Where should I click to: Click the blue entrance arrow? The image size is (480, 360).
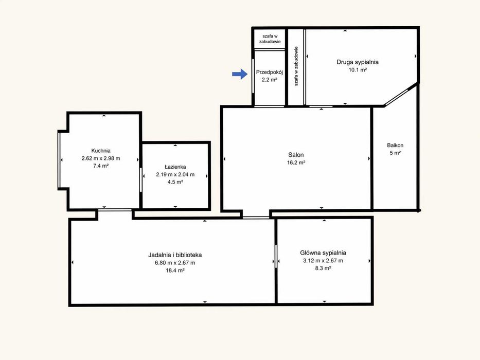coord(240,74)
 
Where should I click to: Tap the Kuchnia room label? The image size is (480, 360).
coord(101,151)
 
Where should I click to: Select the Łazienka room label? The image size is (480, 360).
coord(175,167)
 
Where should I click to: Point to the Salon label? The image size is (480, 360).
coord(296,155)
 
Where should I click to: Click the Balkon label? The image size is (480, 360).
coord(395,146)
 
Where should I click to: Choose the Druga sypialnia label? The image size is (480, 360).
coord(358,62)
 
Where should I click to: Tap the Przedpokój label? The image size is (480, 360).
coord(270,73)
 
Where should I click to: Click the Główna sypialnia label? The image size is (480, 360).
coord(323,253)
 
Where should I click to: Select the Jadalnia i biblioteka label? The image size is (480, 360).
coord(175,255)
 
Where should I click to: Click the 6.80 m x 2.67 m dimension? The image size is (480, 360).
coord(175,263)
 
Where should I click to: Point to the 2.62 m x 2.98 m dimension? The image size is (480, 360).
coord(101,158)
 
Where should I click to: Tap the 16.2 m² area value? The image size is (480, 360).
coord(296,163)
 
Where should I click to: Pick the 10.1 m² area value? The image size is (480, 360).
coord(358,70)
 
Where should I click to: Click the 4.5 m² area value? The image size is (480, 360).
coord(175,182)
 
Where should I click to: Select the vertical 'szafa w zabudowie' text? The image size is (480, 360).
coord(296,66)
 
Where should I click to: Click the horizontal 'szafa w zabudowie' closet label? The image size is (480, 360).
coord(270,39)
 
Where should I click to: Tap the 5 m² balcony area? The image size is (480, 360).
coord(395,153)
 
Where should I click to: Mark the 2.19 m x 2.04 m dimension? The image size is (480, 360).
coord(175,174)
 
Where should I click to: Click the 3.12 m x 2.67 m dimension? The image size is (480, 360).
coord(323,261)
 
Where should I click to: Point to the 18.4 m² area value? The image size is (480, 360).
coord(175,271)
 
